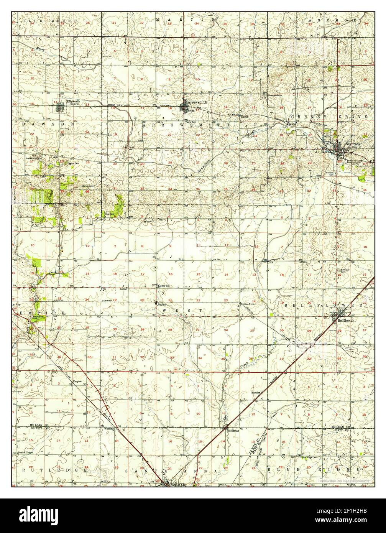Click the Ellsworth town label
(73, 101)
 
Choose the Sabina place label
(162, 304)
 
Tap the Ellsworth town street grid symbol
(59, 106)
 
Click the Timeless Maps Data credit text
(344, 480)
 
